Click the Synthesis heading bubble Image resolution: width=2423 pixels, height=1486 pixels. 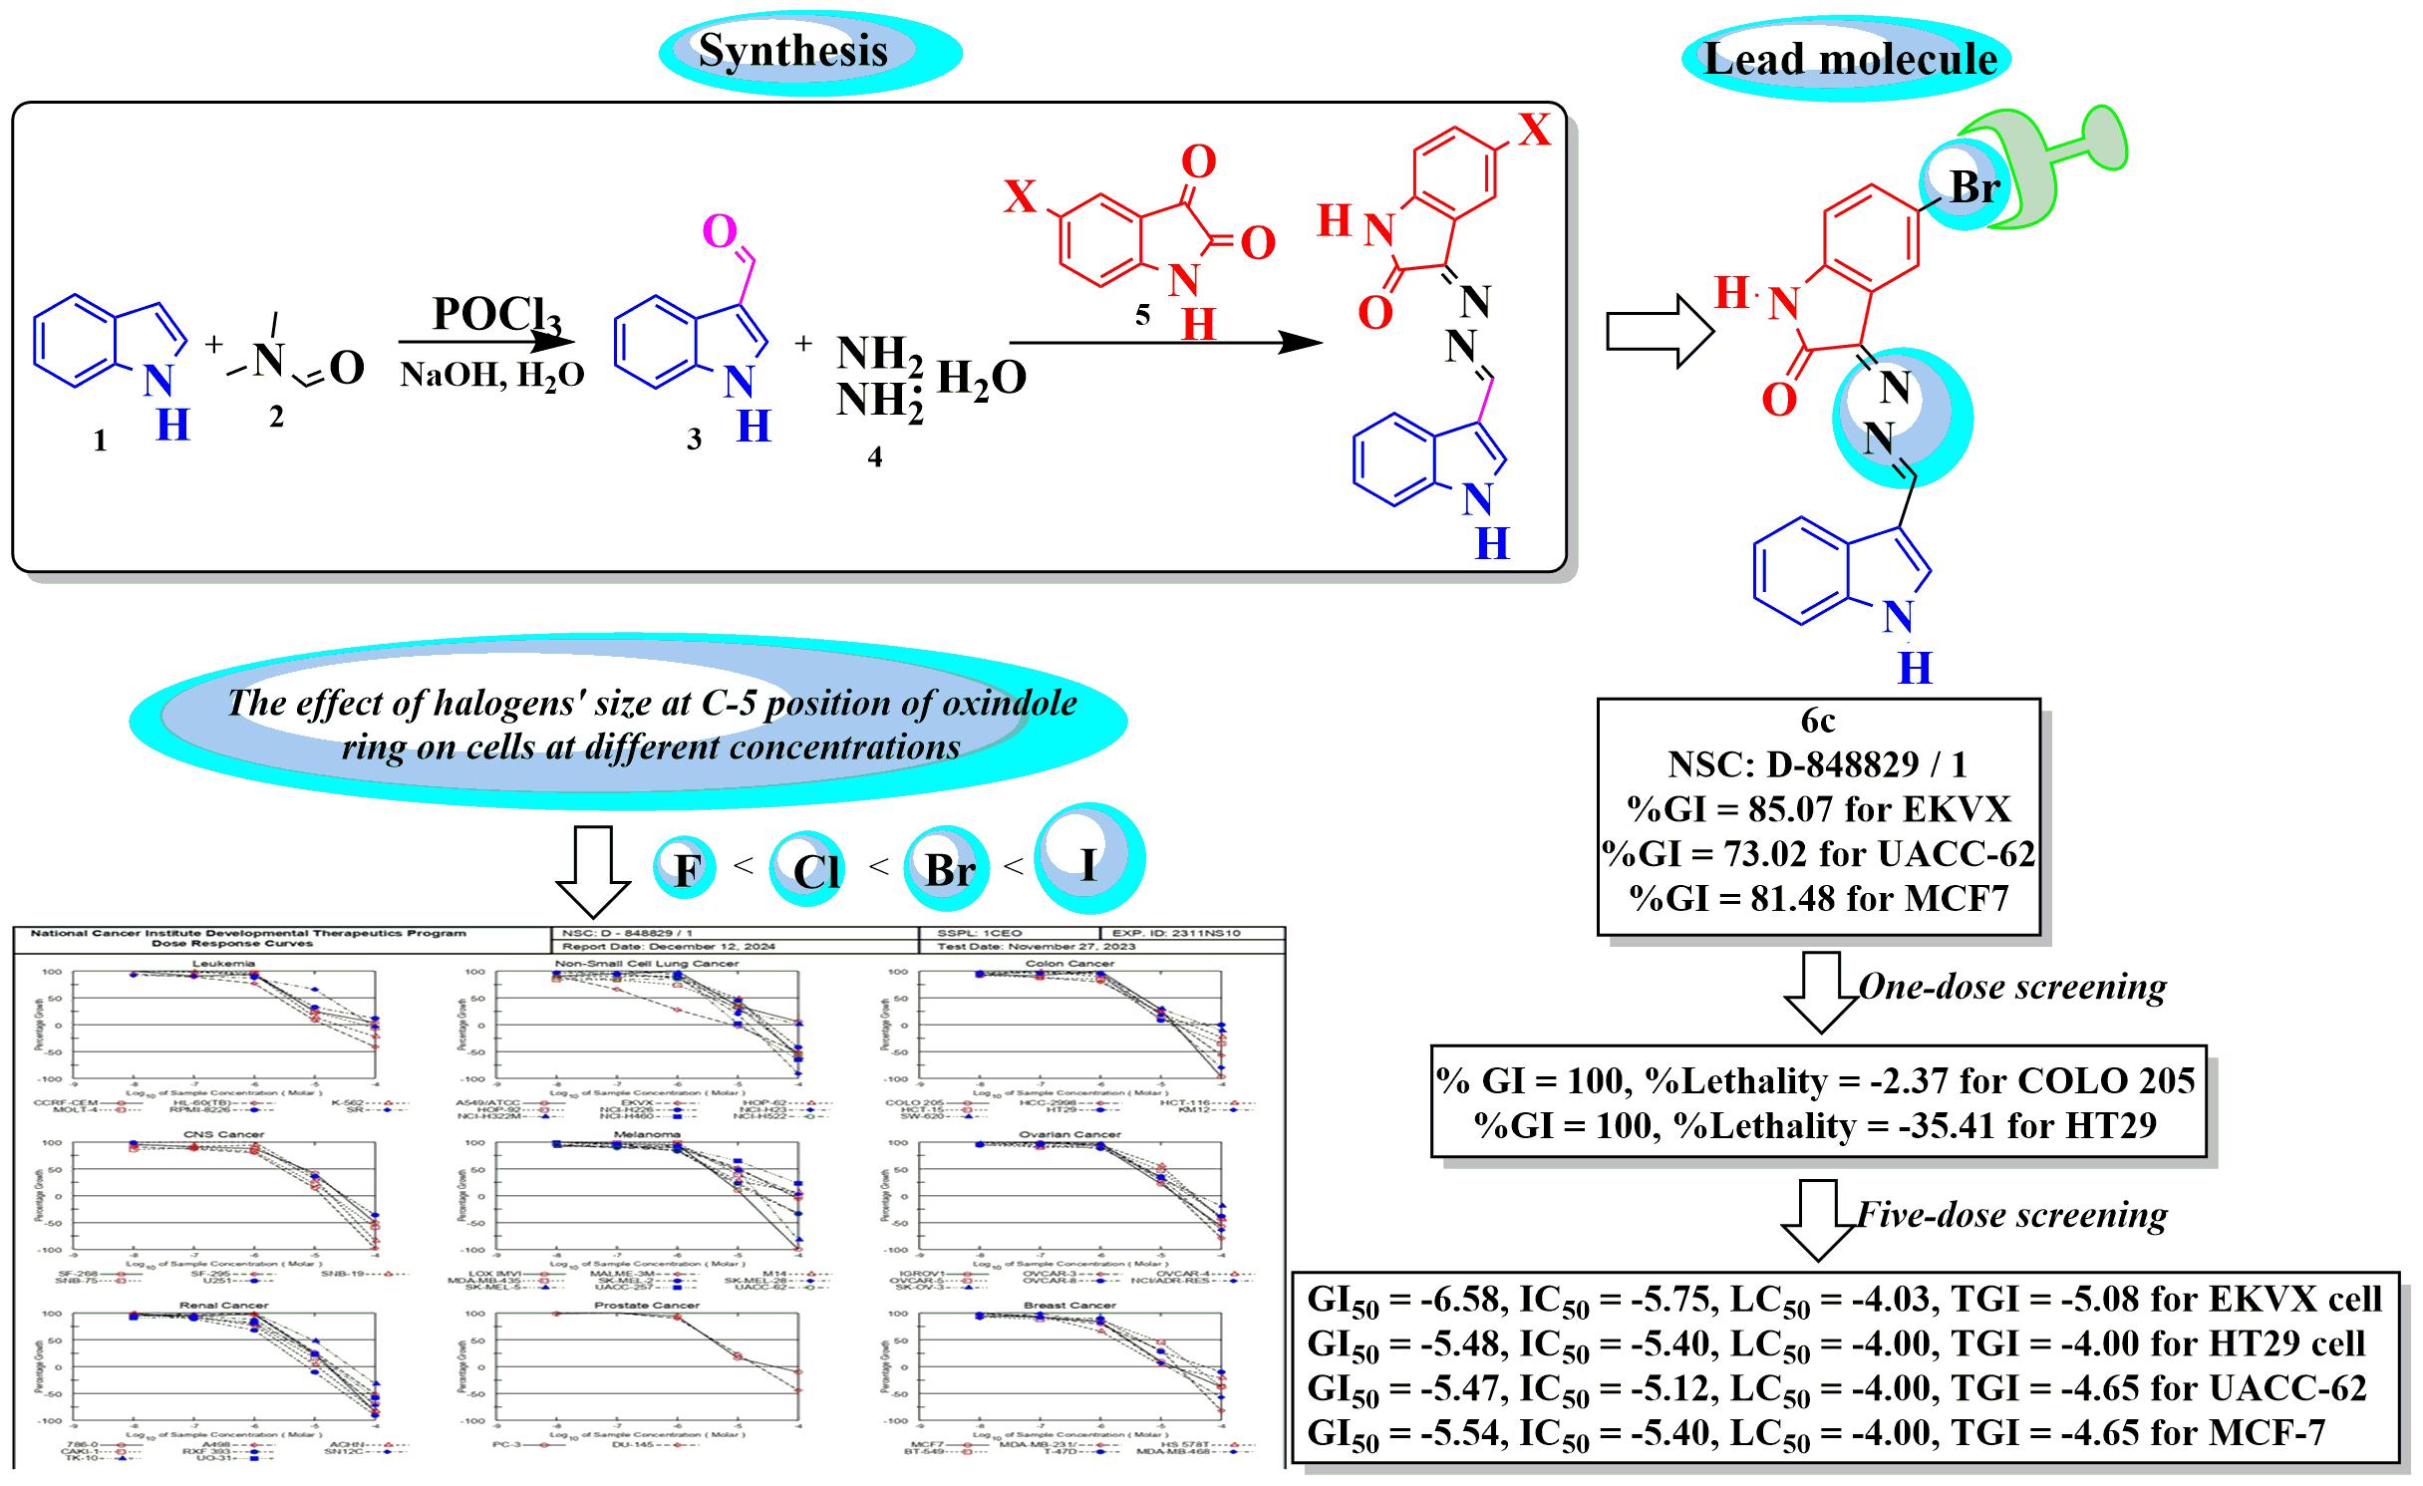(x=793, y=51)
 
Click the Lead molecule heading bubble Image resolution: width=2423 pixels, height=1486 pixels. (x=1850, y=59)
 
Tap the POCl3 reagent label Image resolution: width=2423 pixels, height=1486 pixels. (x=495, y=315)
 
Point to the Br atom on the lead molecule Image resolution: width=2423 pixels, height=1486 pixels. (x=1973, y=186)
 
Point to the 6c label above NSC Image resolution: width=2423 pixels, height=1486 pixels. (x=1818, y=721)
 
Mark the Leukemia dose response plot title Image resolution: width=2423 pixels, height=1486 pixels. (x=223, y=964)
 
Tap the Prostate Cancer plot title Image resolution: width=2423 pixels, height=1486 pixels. (x=647, y=1305)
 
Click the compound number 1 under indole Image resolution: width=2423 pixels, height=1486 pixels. (x=100, y=441)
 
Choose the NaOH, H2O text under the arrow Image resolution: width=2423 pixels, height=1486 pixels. (x=491, y=375)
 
